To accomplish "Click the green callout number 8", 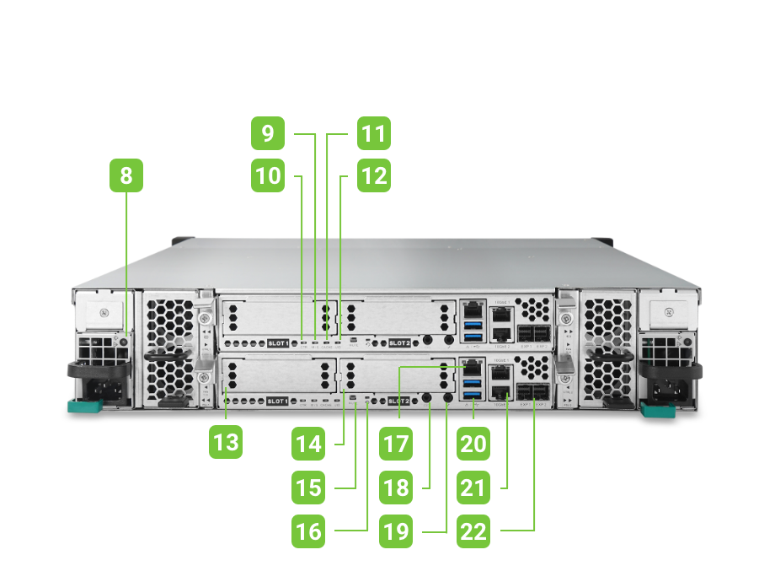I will (x=126, y=177).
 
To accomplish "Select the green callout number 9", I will (x=268, y=133).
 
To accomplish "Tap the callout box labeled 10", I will (x=268, y=176).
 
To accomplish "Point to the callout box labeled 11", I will (x=372, y=133).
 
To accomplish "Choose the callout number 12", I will (x=372, y=176).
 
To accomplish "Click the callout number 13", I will (x=226, y=443).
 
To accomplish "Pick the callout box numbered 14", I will (x=309, y=443).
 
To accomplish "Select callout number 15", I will (x=309, y=487).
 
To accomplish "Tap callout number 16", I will (x=309, y=531).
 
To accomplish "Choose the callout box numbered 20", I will (x=473, y=443).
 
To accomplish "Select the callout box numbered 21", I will (x=473, y=487).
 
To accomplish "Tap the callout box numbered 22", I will (x=473, y=531).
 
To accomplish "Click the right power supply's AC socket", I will (x=671, y=389).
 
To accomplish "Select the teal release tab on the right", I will (x=657, y=410).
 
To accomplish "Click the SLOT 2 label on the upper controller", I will (x=398, y=343).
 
